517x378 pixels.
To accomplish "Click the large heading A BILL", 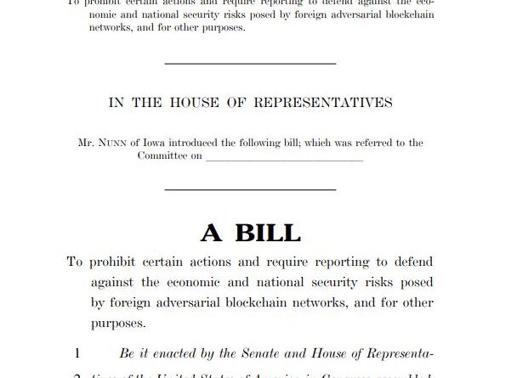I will (249, 231).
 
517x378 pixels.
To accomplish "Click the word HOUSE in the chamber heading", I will (198, 103).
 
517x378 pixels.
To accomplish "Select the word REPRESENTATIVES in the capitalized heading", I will (327, 103).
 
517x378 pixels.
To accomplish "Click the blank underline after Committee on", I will (284, 159).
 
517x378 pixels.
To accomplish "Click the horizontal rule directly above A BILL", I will (249, 189).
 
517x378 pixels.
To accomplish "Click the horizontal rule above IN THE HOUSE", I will (249, 62).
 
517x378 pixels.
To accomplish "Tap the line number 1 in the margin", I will (77, 353).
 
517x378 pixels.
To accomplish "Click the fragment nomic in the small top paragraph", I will (109, 14).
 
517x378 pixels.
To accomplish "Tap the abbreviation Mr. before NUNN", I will (86, 144).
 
